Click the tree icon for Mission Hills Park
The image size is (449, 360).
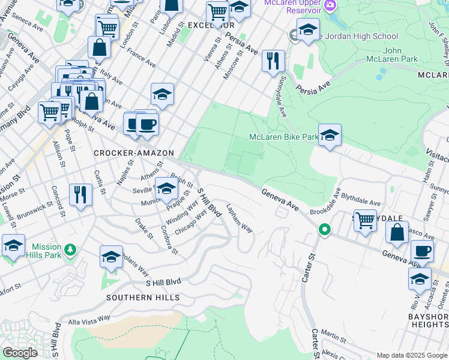(x=71, y=249)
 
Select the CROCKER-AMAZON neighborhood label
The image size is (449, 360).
(x=133, y=154)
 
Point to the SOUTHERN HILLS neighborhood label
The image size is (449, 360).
(x=143, y=298)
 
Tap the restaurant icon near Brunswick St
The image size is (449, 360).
(x=80, y=194)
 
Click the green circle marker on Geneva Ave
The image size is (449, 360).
(x=324, y=229)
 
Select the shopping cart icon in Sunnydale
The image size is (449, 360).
(x=365, y=220)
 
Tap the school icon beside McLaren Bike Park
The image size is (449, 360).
(x=330, y=135)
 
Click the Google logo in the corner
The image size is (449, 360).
(x=20, y=353)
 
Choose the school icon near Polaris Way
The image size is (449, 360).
(x=111, y=257)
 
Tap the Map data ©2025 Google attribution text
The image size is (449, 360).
(x=411, y=355)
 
